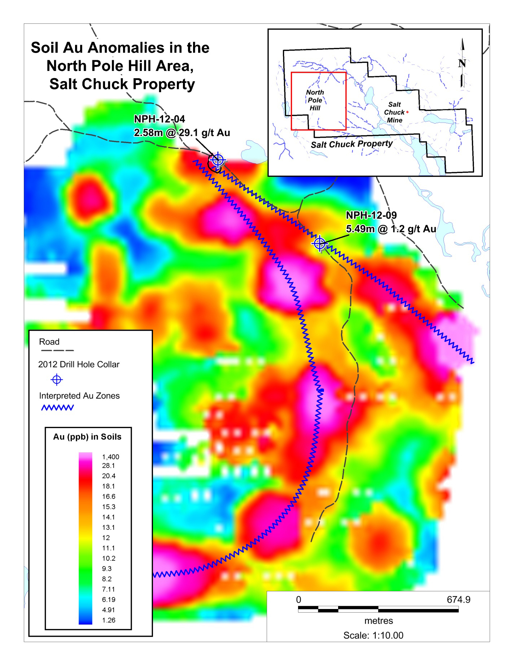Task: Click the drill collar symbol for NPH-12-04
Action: click(218, 160)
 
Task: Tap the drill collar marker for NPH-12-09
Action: click(320, 244)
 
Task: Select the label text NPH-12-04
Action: click(159, 119)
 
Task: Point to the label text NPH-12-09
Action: click(371, 215)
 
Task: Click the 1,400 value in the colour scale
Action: click(110, 457)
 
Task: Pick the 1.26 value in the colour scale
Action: click(109, 620)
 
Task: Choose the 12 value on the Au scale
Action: click(106, 538)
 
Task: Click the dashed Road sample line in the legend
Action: click(57, 350)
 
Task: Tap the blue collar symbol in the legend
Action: click(57, 379)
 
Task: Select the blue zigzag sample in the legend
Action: click(57, 408)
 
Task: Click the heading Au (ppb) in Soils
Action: click(87, 437)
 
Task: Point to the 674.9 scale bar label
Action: click(458, 600)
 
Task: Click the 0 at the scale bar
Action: click(298, 600)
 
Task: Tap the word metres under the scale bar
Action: click(379, 621)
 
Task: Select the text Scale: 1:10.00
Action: click(373, 635)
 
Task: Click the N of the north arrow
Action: click(462, 63)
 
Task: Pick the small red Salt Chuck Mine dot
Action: click(407, 112)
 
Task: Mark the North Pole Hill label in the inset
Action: click(315, 100)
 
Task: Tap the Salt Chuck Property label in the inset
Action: click(351, 144)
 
